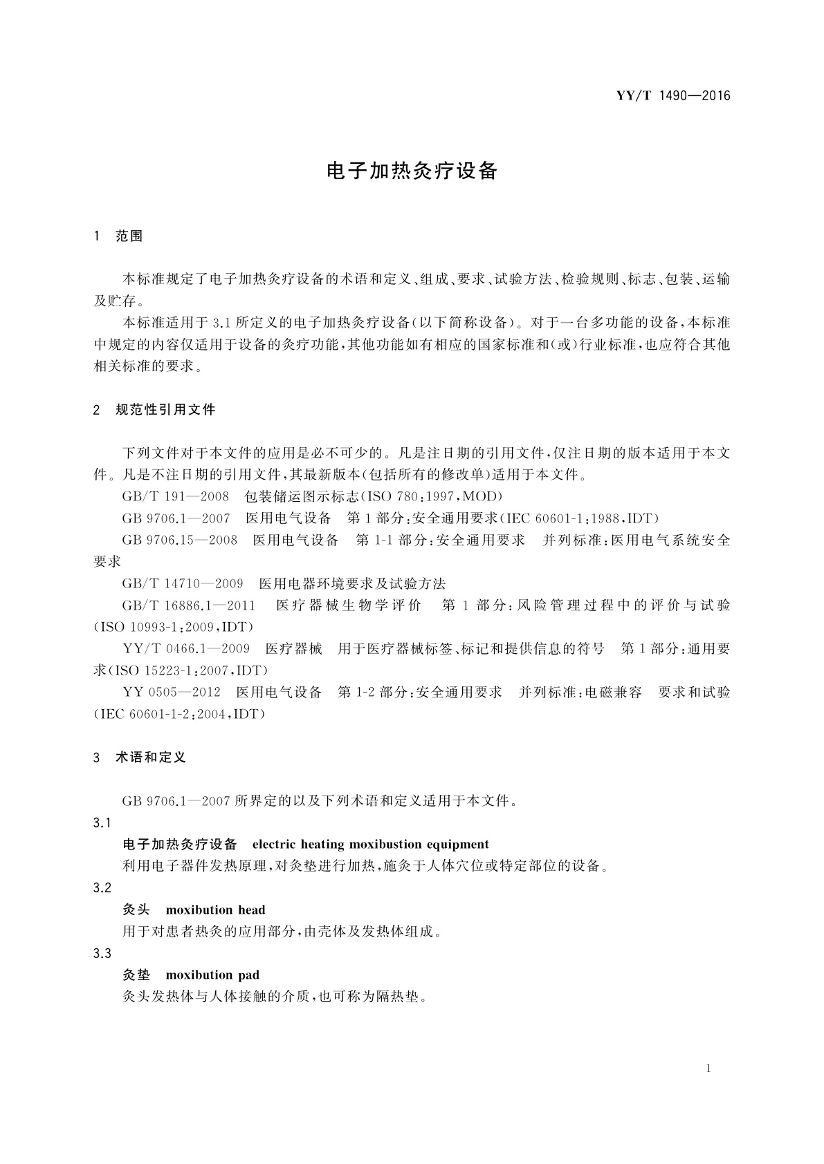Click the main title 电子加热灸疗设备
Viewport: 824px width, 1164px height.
(412, 171)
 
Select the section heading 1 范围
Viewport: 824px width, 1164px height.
(118, 236)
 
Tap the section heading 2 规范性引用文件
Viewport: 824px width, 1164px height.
(154, 410)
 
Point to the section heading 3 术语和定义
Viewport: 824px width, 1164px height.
(140, 758)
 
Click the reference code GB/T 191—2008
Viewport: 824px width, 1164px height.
(176, 496)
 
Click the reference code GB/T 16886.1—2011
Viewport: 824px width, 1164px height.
(188, 606)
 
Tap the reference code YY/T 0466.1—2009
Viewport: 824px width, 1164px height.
(185, 649)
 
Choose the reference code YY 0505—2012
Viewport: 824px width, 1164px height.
(171, 693)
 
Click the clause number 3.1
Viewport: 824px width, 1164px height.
(102, 823)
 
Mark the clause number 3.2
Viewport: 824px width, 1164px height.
(102, 888)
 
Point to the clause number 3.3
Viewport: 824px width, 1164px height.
(102, 953)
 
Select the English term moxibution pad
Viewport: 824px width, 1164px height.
(212, 975)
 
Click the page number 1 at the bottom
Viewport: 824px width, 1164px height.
(708, 1069)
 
